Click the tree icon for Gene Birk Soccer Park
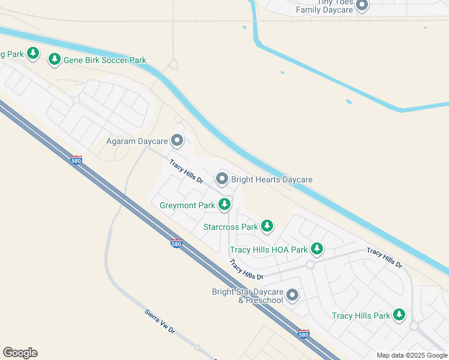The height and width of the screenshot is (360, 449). (55, 59)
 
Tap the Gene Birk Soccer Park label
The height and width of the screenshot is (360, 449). (106, 59)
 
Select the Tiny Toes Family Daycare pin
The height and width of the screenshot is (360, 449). (362, 6)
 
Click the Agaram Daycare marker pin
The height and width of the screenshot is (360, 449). (177, 141)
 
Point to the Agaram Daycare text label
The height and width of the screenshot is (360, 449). (136, 142)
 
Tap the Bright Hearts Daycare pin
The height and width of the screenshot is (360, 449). (222, 179)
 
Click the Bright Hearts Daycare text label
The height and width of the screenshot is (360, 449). (272, 179)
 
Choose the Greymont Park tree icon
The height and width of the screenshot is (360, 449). (224, 205)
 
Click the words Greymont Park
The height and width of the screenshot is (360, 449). (187, 205)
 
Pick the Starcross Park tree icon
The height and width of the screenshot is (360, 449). (267, 226)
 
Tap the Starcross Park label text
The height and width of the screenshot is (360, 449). (231, 227)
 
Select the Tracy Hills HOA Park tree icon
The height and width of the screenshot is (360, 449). (317, 248)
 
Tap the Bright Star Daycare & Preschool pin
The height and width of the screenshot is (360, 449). (292, 295)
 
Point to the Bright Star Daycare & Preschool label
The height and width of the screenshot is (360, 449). (247, 296)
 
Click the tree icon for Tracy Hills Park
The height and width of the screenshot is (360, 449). (399, 315)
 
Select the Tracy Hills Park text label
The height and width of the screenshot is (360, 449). (361, 316)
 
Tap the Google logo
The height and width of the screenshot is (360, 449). (20, 353)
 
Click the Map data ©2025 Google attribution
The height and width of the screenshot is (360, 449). (412, 355)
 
